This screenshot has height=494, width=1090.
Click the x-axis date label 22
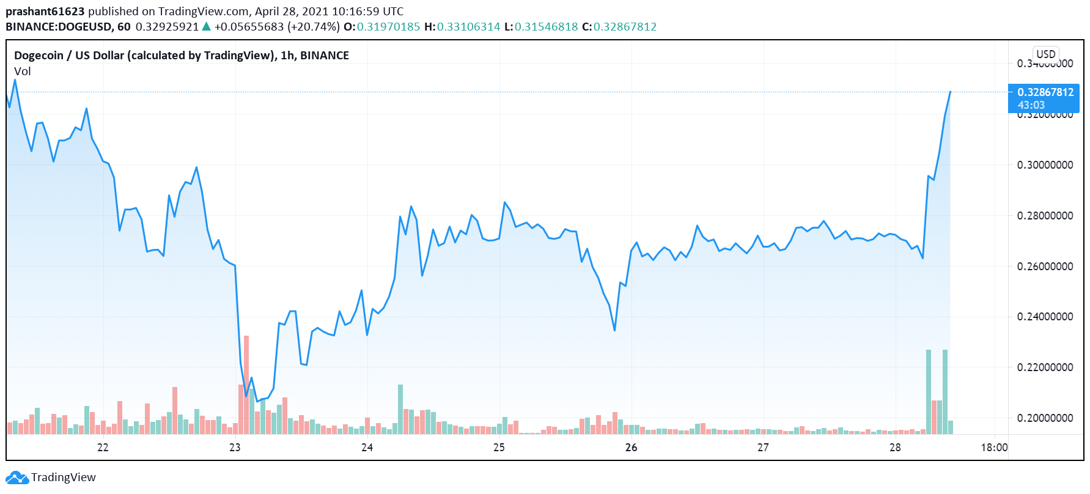(x=103, y=448)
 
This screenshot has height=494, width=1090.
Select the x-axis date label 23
(x=235, y=448)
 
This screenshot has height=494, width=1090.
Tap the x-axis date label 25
(x=499, y=448)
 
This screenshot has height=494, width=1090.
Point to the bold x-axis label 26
(x=631, y=448)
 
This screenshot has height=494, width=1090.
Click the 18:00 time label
(x=994, y=448)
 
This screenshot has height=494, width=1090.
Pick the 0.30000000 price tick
(x=1045, y=165)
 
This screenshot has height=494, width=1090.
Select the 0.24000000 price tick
(x=1045, y=317)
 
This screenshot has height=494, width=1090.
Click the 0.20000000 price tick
(x=1045, y=418)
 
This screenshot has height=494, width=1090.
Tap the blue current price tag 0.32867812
(x=1044, y=93)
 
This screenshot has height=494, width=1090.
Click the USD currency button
(x=1046, y=54)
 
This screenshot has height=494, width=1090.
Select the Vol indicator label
(x=23, y=72)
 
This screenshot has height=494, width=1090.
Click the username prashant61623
(x=45, y=12)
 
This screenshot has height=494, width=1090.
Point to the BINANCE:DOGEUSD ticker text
(x=60, y=27)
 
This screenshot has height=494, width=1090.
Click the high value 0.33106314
(x=468, y=27)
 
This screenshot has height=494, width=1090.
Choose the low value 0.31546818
(x=546, y=27)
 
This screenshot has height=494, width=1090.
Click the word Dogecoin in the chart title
(x=39, y=56)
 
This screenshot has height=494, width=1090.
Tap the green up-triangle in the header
(x=207, y=27)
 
